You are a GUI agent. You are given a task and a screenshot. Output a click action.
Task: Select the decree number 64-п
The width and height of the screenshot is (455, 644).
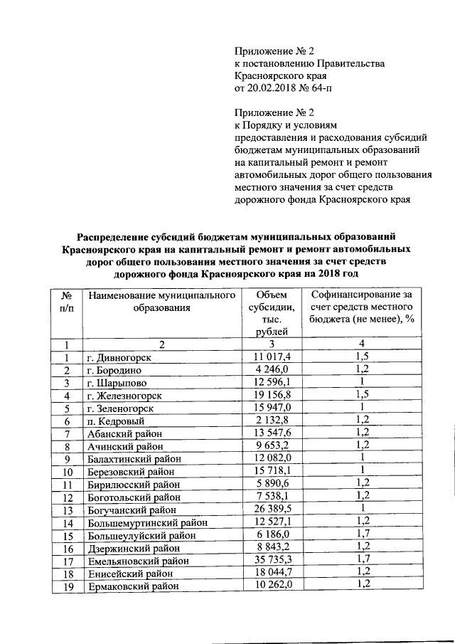(x=317, y=88)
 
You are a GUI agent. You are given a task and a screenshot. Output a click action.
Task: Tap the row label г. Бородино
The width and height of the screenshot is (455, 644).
(x=114, y=370)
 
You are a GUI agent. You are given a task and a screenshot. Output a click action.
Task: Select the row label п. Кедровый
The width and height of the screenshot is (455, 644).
(x=115, y=421)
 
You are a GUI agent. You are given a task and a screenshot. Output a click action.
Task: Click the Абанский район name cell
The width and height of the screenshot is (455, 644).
(x=124, y=433)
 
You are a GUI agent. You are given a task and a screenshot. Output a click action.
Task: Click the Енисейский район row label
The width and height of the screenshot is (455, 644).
(x=129, y=574)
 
